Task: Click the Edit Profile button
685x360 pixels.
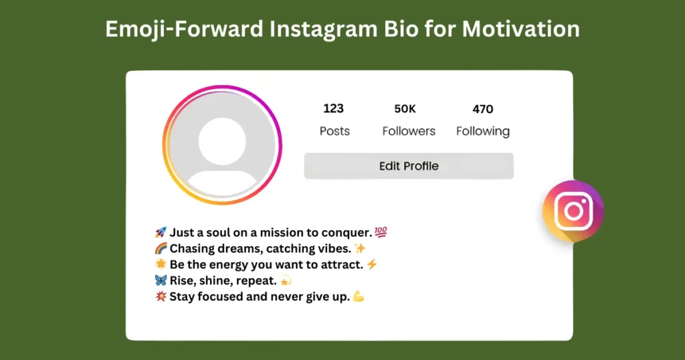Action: click(x=409, y=166)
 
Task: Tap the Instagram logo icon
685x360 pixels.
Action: click(x=573, y=211)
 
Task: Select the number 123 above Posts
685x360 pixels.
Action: click(x=333, y=108)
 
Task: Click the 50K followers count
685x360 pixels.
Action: click(x=405, y=108)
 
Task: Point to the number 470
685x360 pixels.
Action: click(x=482, y=109)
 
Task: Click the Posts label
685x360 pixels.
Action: click(x=334, y=131)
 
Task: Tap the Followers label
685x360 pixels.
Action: click(x=409, y=131)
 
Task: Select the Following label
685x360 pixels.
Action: click(x=482, y=131)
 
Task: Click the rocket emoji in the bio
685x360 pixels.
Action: click(x=161, y=232)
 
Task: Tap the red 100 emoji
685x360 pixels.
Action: click(x=381, y=232)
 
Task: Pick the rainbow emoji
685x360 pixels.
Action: click(x=161, y=248)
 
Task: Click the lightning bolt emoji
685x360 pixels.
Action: click(x=372, y=264)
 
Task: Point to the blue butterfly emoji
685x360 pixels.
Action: click(x=161, y=280)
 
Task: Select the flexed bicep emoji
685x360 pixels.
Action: click(x=359, y=296)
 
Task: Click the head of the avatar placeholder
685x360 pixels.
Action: click(x=222, y=141)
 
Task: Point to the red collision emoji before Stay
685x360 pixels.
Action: click(x=161, y=296)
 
